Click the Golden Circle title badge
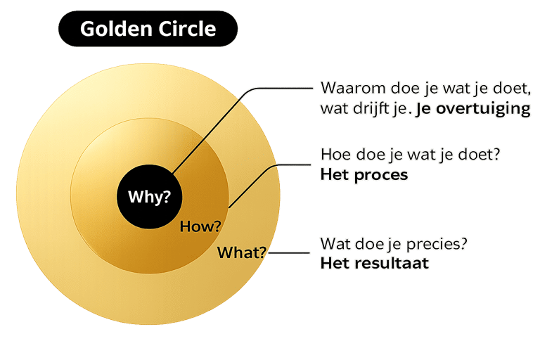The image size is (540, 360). point(148,29)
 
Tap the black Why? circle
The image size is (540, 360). point(149,197)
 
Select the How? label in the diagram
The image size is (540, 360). point(200,226)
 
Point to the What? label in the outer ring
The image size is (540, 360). point(241,252)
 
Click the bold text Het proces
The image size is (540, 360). point(364,175)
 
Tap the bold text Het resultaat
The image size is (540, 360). point(374,264)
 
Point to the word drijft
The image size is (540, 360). point(373,110)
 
